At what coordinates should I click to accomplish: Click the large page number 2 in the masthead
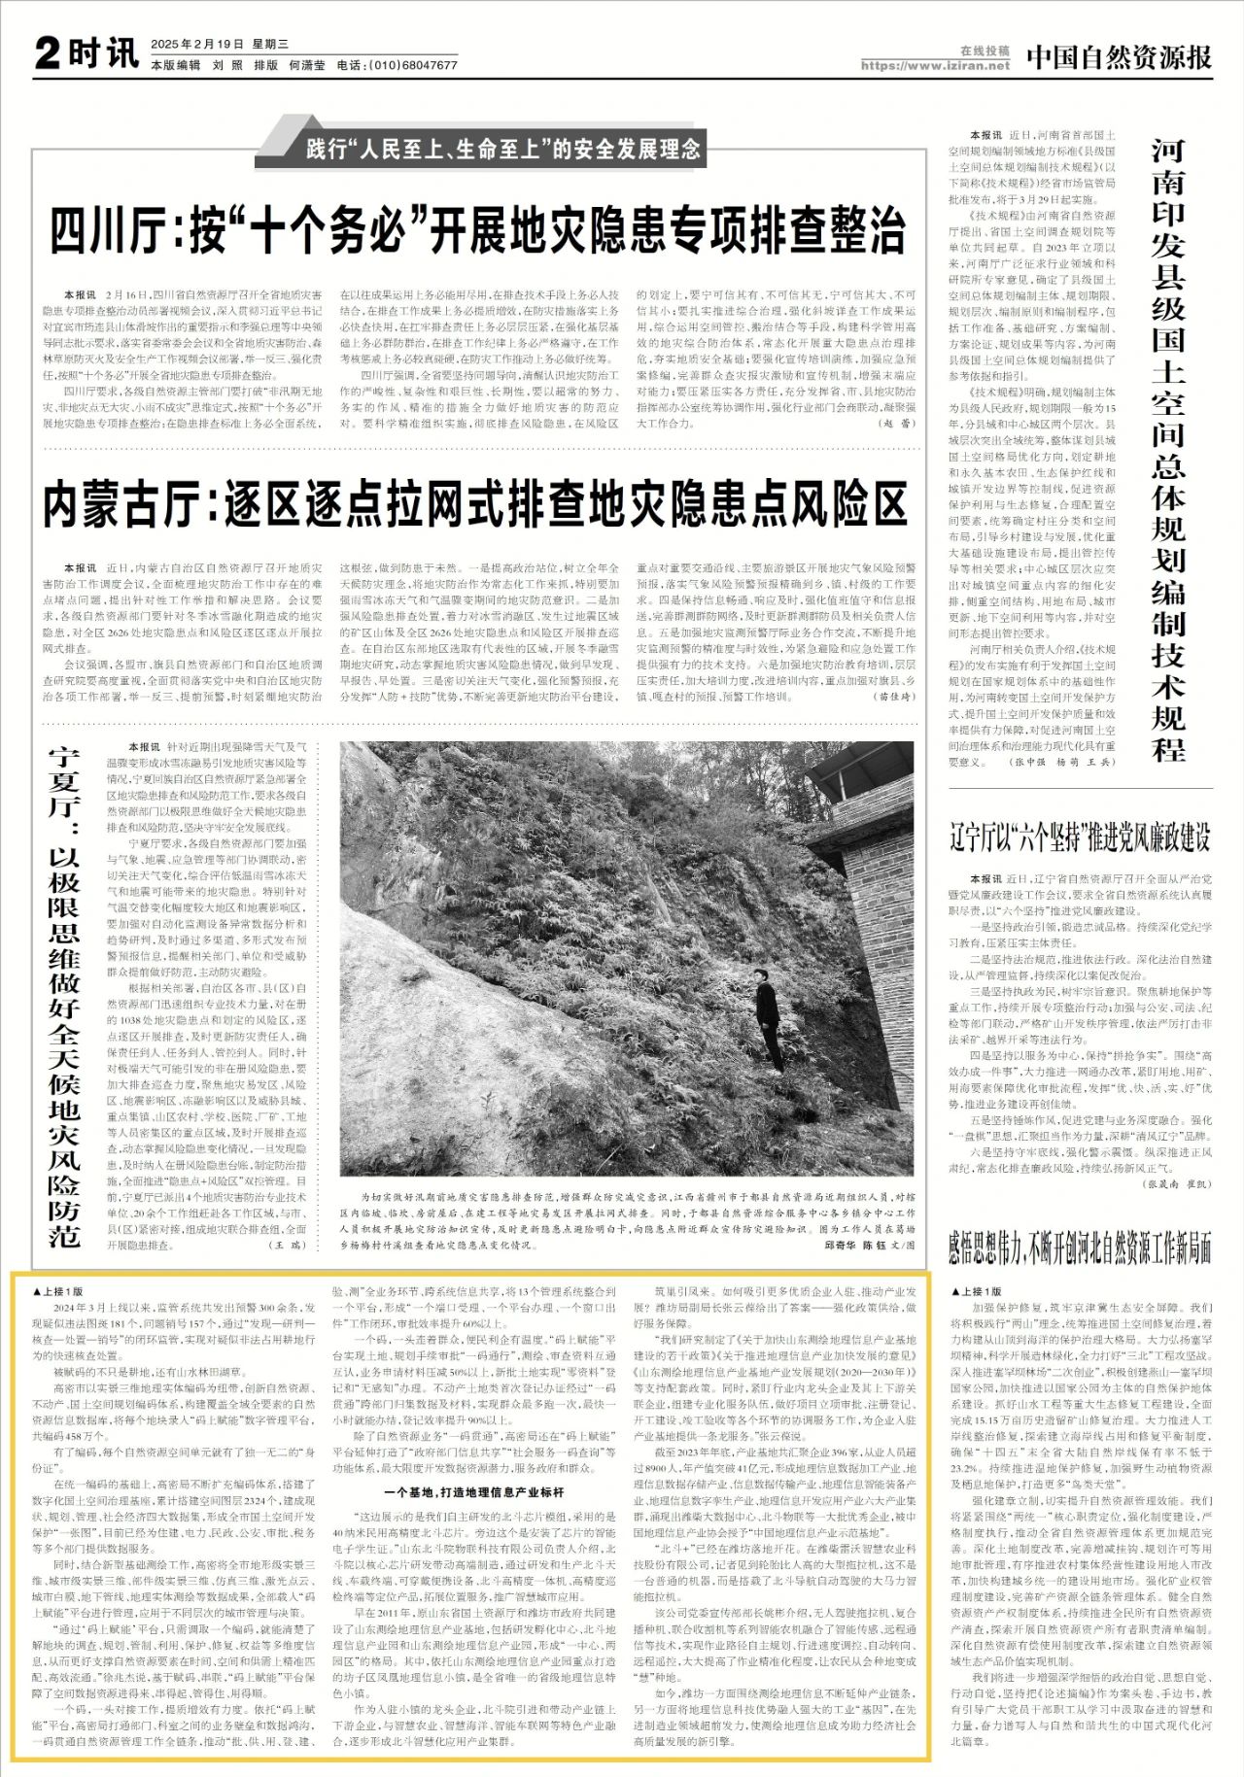[x=48, y=53]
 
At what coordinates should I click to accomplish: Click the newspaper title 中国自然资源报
[x=1119, y=57]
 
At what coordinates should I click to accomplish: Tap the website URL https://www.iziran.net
[x=935, y=66]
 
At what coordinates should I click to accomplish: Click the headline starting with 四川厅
[x=477, y=231]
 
